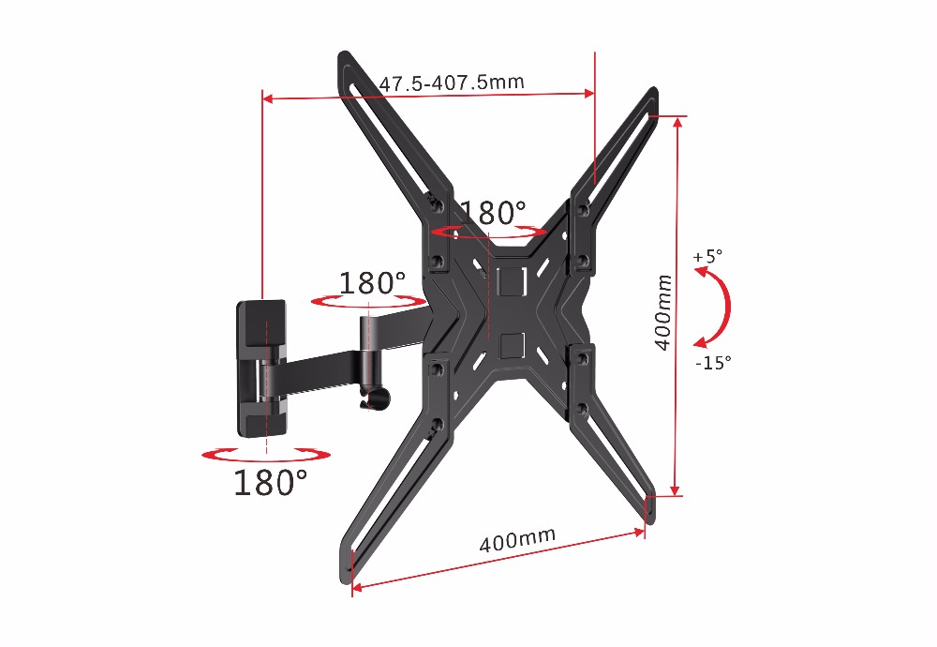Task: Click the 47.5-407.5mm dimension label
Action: tap(452, 83)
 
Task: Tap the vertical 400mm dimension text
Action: tap(662, 312)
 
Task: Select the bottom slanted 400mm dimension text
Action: tap(517, 539)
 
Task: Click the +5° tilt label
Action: tap(707, 256)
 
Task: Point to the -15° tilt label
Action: tap(713, 362)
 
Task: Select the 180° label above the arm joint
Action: tap(372, 282)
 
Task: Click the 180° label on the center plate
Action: tap(494, 212)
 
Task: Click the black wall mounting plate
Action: tap(261, 368)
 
